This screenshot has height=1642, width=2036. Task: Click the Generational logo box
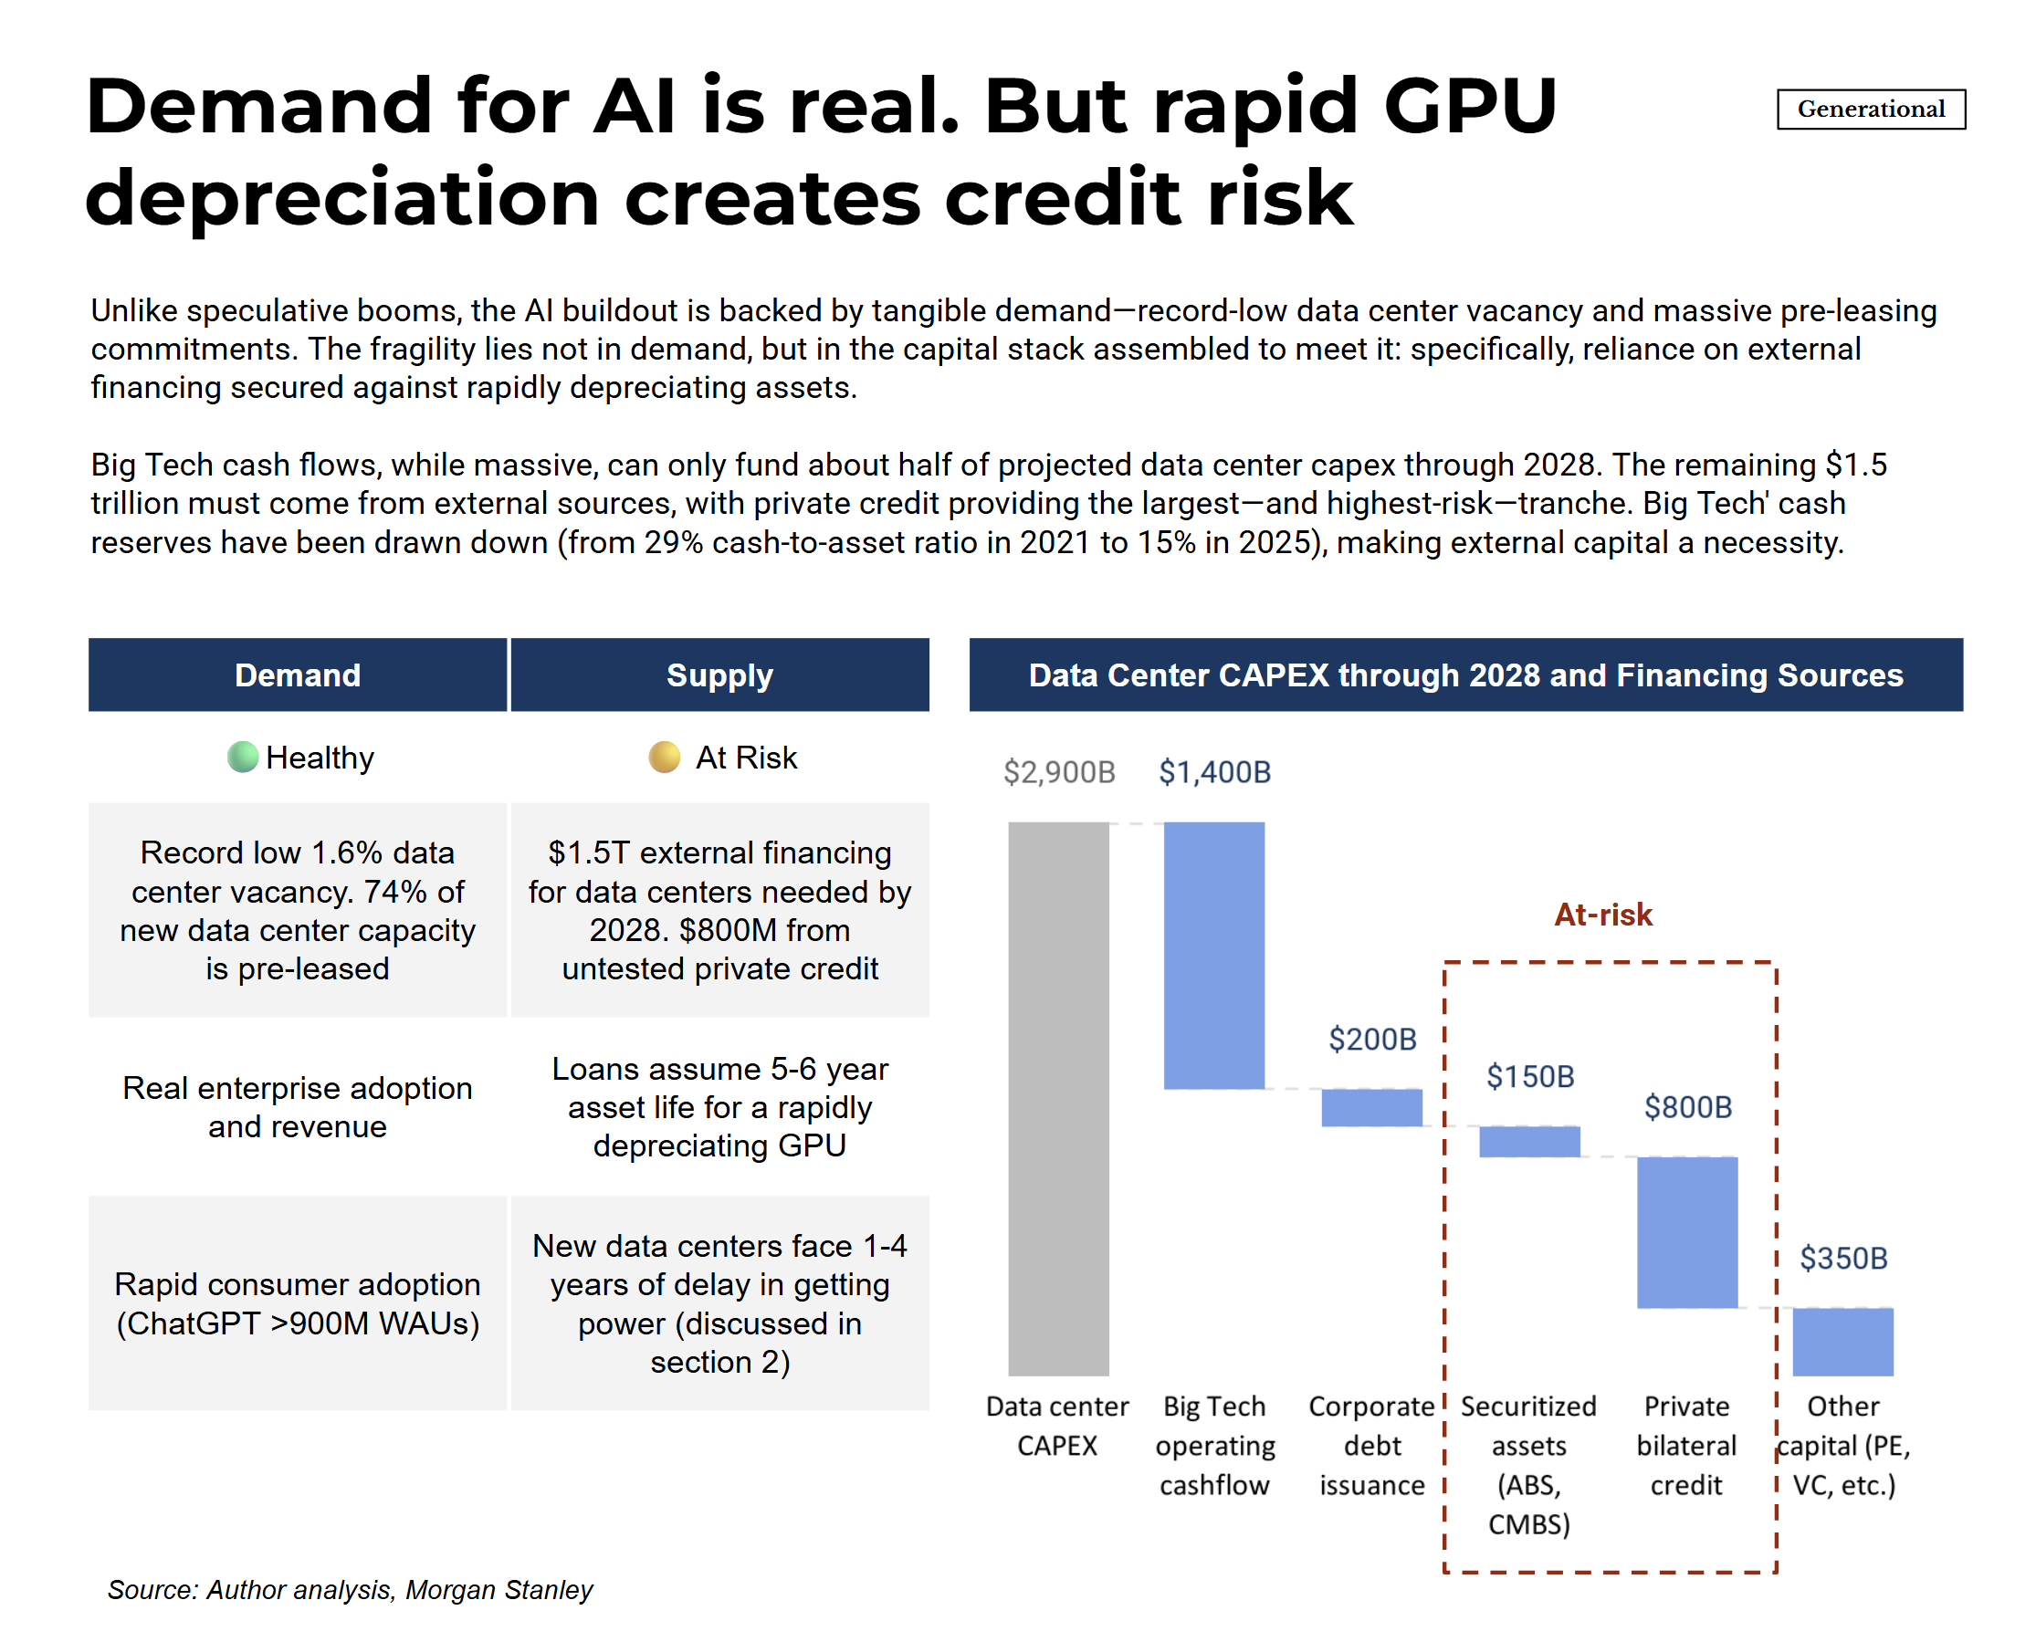point(1870,109)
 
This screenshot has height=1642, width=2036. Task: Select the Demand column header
point(297,675)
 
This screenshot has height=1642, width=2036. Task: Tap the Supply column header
point(719,675)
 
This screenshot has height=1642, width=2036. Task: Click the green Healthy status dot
point(243,757)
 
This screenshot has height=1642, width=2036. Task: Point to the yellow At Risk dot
point(664,757)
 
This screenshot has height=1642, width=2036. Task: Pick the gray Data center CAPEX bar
point(1058,1097)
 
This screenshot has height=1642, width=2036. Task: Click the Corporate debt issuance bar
point(1371,1106)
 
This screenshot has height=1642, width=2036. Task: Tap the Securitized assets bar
point(1529,1141)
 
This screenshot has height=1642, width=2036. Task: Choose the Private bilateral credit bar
point(1687,1231)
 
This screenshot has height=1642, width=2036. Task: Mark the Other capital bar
point(1842,1341)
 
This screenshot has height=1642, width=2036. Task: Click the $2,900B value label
point(1059,772)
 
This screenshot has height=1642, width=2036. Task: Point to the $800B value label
point(1687,1106)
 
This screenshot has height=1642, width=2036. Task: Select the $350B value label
point(1842,1258)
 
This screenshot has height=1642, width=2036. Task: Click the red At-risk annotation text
point(1602,915)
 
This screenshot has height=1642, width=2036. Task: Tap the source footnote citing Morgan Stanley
point(350,1589)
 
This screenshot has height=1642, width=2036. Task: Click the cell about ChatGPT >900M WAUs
point(297,1303)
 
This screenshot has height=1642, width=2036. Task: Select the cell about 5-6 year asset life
point(719,1106)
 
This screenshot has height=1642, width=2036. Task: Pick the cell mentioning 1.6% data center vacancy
point(297,910)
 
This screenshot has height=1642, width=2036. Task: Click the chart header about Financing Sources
point(1464,675)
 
